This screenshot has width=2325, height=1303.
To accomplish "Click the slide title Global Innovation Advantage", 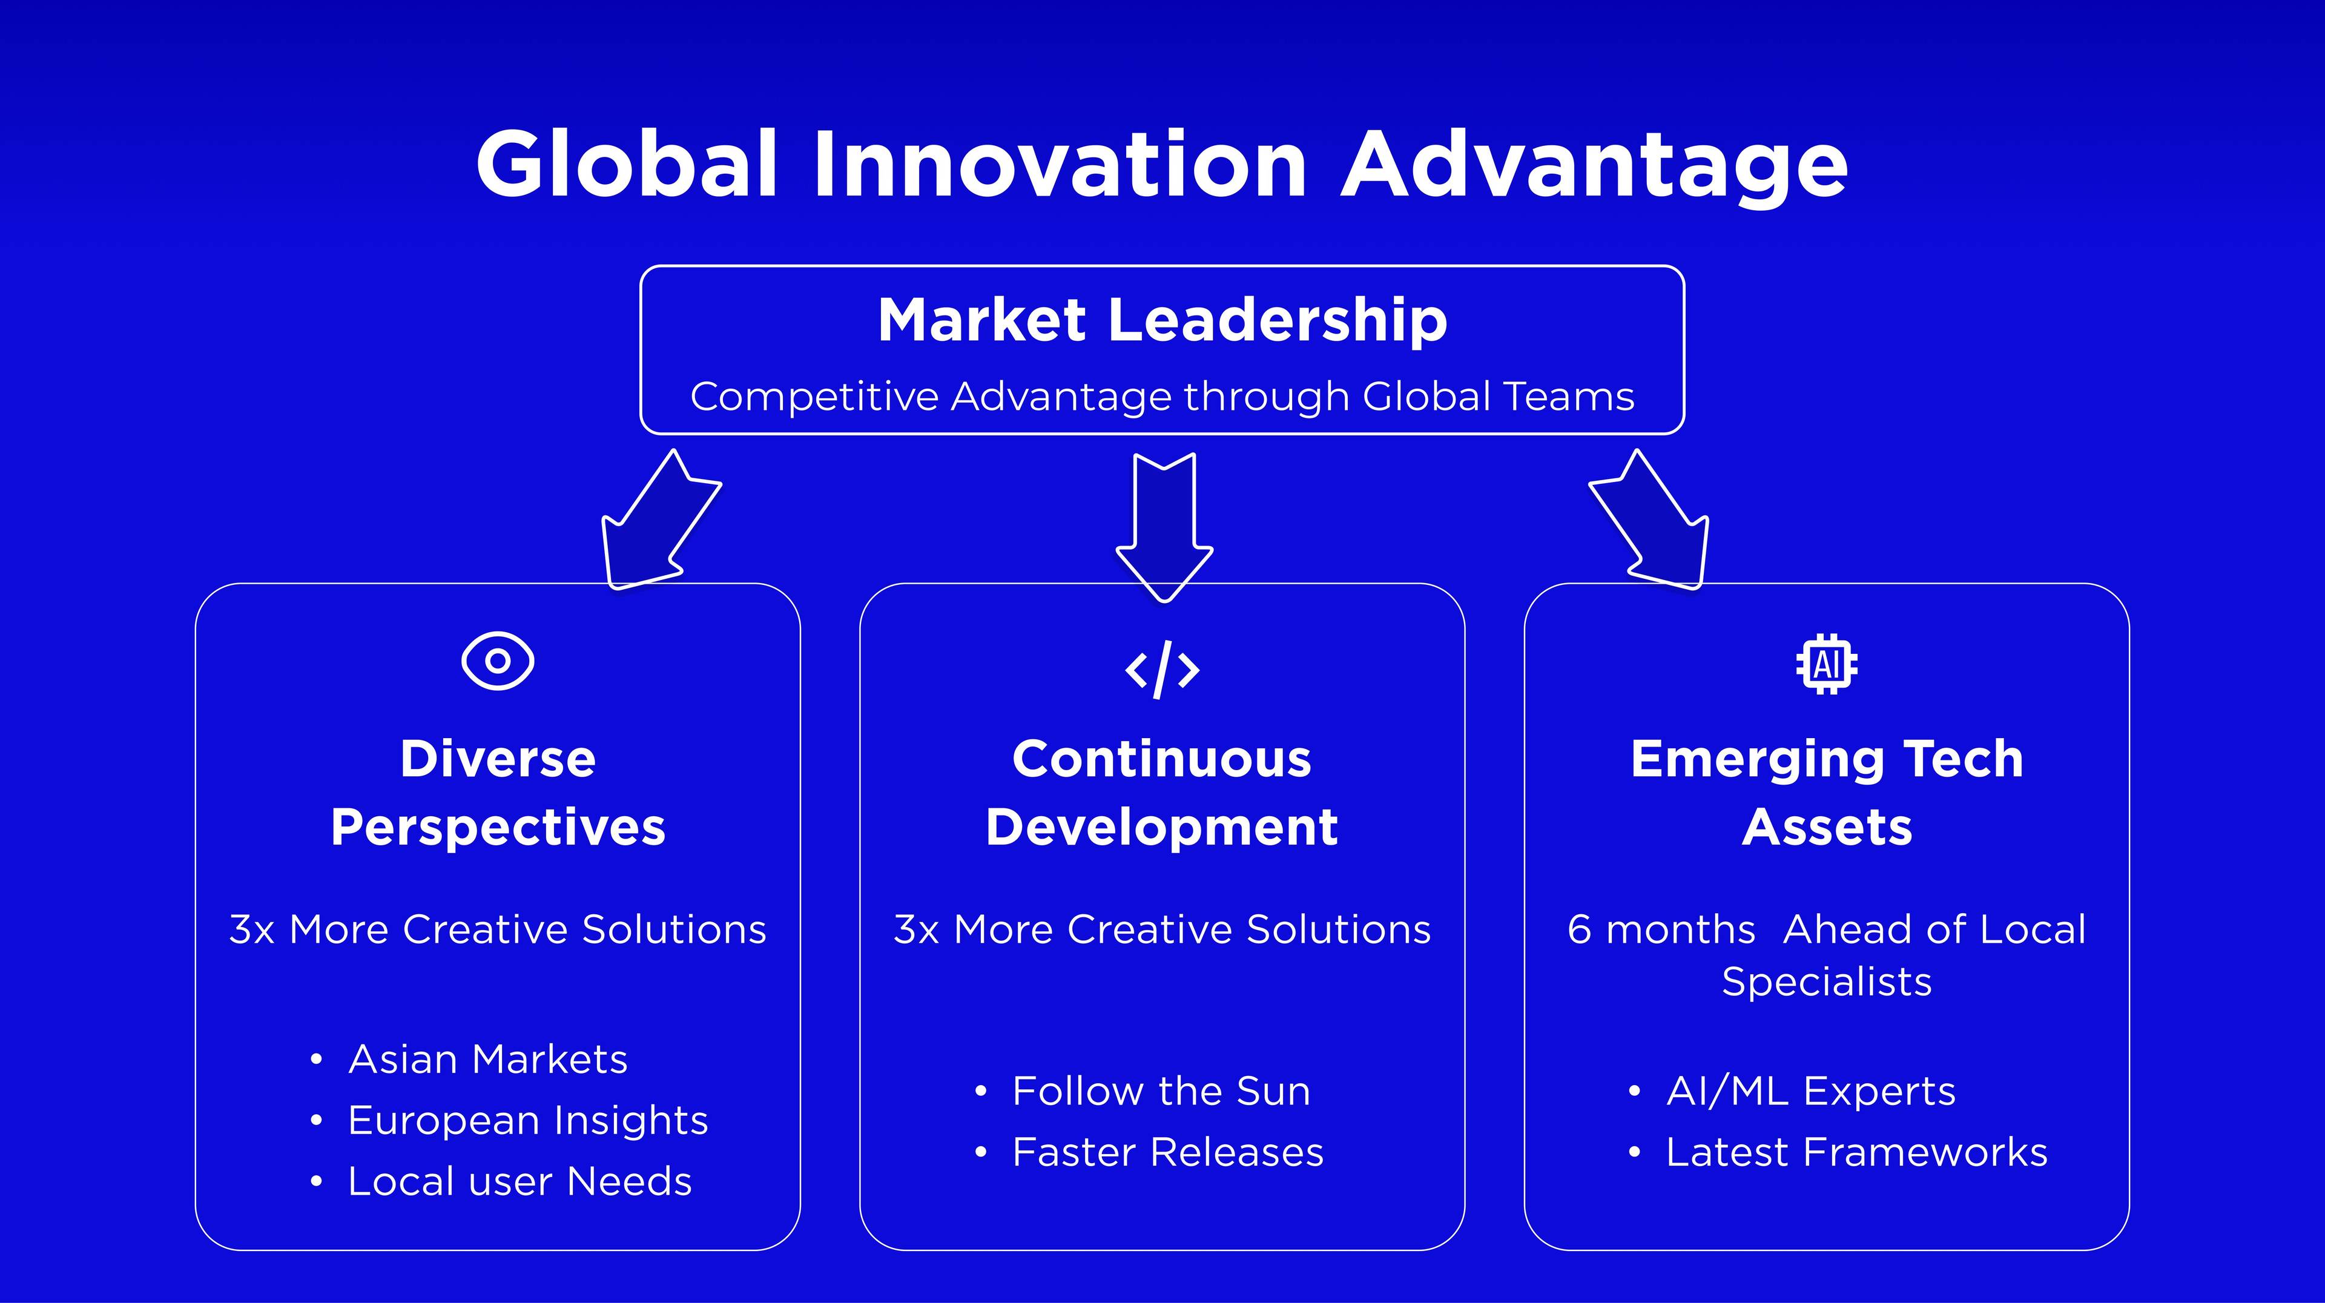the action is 1162,165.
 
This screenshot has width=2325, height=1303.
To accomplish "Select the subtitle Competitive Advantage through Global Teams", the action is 1162,397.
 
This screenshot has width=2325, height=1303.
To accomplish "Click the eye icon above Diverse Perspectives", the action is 497,661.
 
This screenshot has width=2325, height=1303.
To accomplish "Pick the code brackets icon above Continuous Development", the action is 1162,670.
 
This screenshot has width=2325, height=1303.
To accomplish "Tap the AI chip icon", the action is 1827,665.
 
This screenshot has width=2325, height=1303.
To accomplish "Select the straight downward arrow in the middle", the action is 1164,528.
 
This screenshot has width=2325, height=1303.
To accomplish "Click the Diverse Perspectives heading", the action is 497,793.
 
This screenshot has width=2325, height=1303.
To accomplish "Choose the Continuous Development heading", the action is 1162,793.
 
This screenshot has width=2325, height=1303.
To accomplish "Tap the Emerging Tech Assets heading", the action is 1827,793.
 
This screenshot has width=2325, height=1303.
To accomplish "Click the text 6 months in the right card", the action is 1661,929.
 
